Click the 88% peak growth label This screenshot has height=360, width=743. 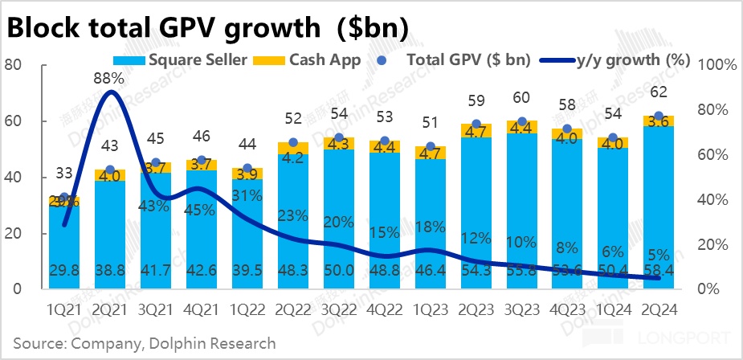tap(109, 79)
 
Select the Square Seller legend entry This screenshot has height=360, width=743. tap(185, 59)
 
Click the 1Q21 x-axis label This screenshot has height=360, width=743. tap(64, 309)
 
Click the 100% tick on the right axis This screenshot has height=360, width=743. tap(716, 65)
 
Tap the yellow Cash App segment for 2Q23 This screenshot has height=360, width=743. tap(476, 130)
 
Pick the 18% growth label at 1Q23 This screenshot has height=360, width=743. tap(431, 227)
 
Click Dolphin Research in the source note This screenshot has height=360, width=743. tap(217, 343)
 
